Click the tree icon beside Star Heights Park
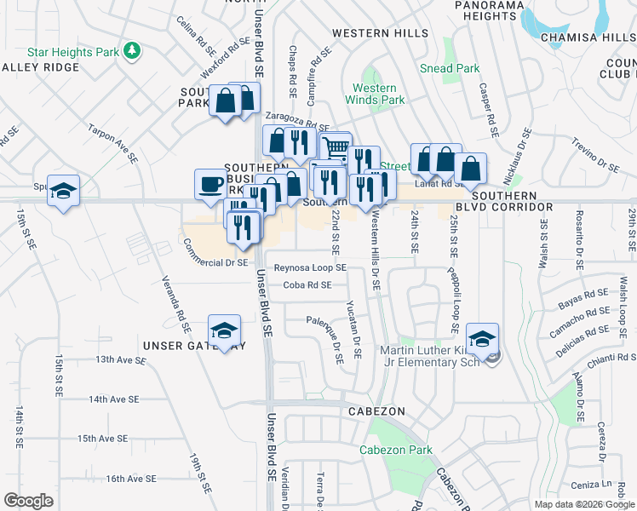pos(131,51)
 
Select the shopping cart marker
pos(336,148)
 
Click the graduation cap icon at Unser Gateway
pos(224,330)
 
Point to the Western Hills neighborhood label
pos(381,33)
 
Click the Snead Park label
pos(450,69)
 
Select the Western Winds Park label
pos(375,94)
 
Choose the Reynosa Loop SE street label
pos(309,267)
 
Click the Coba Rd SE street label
pos(307,285)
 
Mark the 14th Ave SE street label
pos(113,399)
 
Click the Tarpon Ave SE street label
pos(112,143)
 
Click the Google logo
pos(28,501)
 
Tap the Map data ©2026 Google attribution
pos(584,504)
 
